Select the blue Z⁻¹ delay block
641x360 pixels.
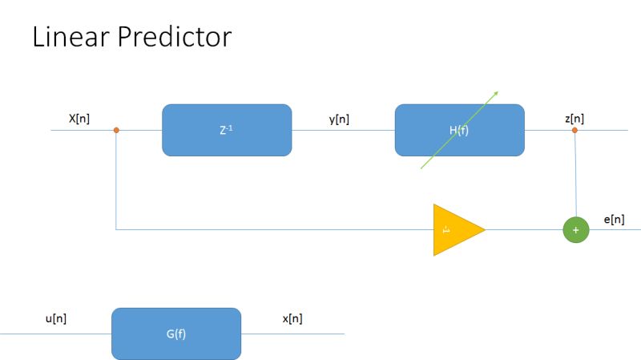227,130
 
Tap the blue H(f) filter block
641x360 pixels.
459,130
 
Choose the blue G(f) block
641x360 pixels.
176,334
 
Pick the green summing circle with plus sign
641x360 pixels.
575,230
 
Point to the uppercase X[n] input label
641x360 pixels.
79,119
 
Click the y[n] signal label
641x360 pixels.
339,119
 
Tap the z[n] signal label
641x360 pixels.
574,119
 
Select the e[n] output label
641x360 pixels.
614,219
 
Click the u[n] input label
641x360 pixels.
55,318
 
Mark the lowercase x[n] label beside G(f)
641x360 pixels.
292,318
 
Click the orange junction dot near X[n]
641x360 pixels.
117,130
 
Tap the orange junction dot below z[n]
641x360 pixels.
574,130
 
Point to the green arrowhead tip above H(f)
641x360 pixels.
497,91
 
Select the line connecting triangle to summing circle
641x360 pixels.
525,230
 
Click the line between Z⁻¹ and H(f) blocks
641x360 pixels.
343,131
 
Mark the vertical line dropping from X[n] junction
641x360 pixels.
117,180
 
